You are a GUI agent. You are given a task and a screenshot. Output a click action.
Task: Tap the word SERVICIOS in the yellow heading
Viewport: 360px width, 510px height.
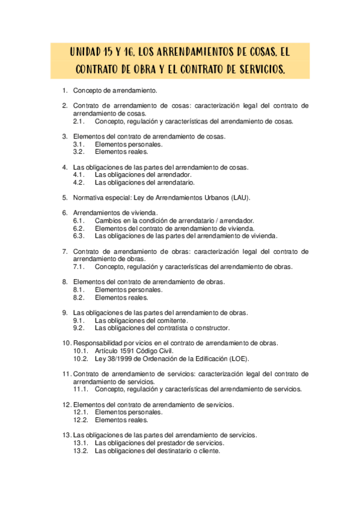[x=258, y=70]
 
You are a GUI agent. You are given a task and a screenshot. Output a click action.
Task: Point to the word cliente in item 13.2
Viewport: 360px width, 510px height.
[x=208, y=450]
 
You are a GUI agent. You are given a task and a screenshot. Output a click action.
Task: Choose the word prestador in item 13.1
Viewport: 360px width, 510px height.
[x=171, y=443]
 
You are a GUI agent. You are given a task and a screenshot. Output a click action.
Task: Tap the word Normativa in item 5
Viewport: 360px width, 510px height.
[x=88, y=197]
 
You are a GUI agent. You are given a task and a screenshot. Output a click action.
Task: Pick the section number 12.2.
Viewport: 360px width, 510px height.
[x=81, y=420]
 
